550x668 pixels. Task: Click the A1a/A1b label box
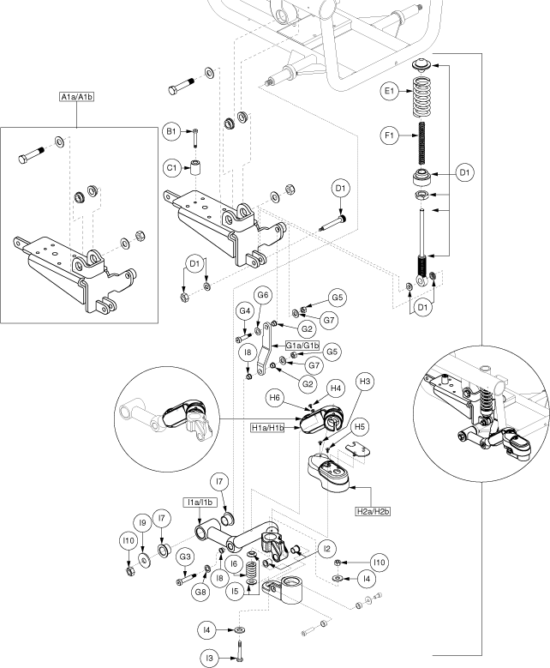[x=77, y=96]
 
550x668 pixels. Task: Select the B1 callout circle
[x=172, y=132]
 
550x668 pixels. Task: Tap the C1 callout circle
[x=172, y=167]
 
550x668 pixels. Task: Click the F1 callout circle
[x=391, y=134]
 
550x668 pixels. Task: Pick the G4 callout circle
[x=244, y=310]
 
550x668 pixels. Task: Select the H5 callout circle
[x=360, y=425]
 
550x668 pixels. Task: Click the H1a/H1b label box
[x=269, y=427]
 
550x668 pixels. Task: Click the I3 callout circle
[x=208, y=658]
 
